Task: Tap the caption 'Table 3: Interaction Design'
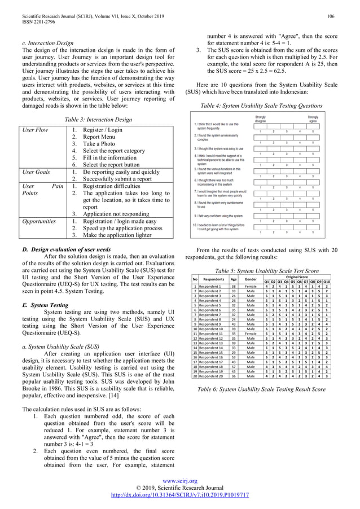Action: [99, 120]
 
